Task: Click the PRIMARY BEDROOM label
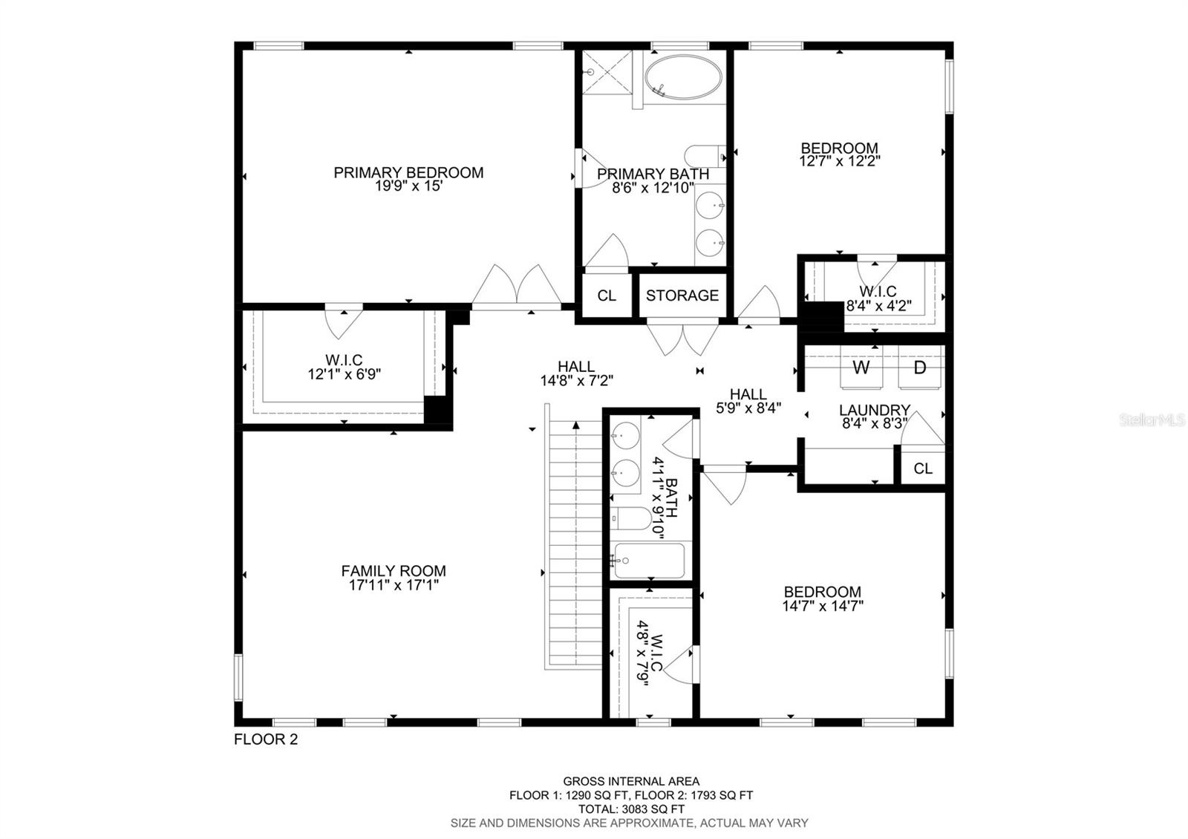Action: [x=408, y=172]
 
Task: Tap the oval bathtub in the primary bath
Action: [x=682, y=77]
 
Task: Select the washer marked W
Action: [x=861, y=368]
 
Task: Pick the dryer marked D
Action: [x=920, y=368]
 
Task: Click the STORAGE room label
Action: [x=682, y=296]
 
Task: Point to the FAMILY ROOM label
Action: [x=394, y=571]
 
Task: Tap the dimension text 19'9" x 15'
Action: [x=408, y=186]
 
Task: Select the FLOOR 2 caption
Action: [x=266, y=740]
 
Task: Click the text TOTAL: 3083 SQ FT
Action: [x=630, y=809]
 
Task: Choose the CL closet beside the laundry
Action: [x=923, y=469]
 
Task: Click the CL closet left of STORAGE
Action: [x=607, y=296]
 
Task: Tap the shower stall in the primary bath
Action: [x=607, y=73]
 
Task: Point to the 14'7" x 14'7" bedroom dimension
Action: [x=823, y=606]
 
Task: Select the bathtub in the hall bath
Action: [x=650, y=561]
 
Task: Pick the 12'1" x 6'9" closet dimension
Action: [x=345, y=374]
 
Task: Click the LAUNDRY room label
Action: [x=875, y=410]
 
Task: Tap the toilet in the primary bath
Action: [x=703, y=156]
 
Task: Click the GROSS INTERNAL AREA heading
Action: [x=630, y=781]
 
